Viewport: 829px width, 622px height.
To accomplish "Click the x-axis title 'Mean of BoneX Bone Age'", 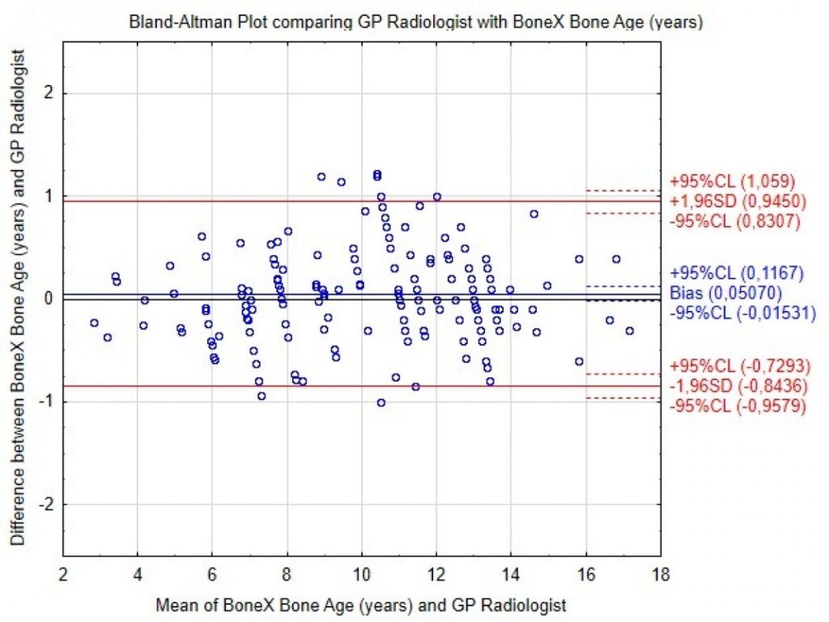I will [x=361, y=603].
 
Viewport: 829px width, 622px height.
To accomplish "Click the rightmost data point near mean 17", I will [x=629, y=330].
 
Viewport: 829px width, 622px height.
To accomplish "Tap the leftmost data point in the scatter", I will [x=95, y=322].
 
